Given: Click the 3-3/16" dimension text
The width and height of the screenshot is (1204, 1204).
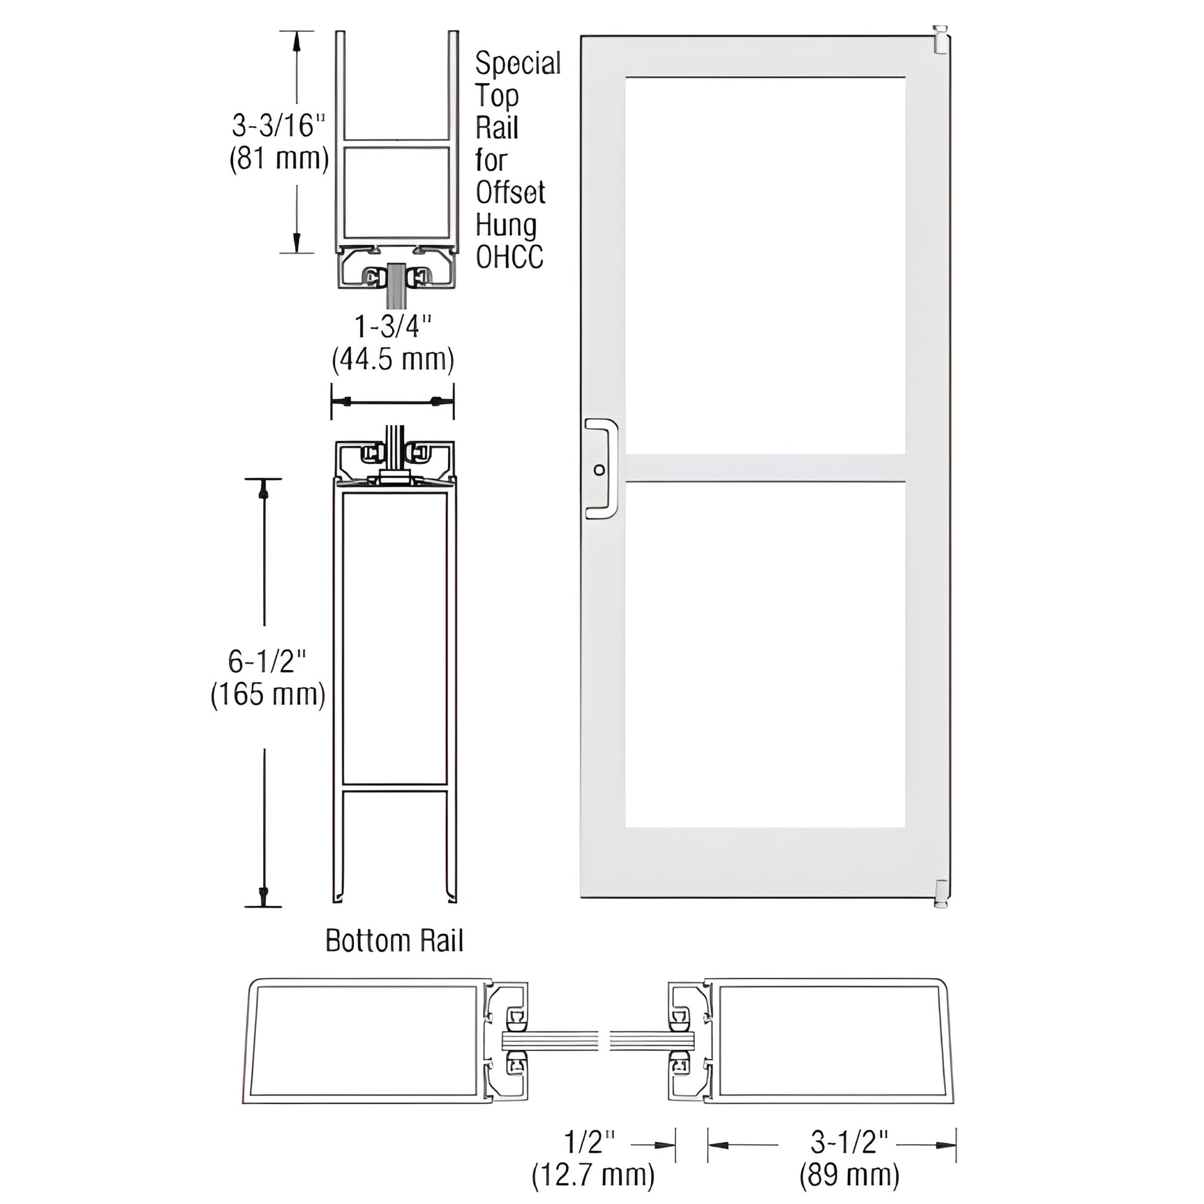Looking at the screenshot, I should tap(278, 126).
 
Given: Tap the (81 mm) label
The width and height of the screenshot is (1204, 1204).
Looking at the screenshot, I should tap(278, 160).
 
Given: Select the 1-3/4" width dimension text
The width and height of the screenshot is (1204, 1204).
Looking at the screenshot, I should tap(393, 327).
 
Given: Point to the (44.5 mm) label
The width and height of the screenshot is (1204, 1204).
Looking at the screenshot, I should tap(393, 360).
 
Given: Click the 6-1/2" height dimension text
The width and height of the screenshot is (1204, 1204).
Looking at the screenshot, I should tap(267, 661).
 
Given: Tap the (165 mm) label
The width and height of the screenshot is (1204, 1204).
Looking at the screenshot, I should tap(268, 694).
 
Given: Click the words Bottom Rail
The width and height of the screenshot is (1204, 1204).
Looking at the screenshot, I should tap(394, 941).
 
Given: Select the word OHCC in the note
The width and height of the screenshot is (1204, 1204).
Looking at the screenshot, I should tap(509, 257).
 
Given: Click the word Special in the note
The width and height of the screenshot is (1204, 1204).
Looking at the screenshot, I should tap(517, 64).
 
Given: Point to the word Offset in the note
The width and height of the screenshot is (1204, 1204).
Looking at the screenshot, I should tap(510, 192).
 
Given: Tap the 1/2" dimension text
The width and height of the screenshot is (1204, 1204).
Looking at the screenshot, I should tap(589, 1142).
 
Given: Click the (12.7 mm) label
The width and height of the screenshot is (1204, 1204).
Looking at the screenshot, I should tap(593, 1176).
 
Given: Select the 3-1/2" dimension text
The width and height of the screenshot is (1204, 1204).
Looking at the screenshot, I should tap(849, 1142).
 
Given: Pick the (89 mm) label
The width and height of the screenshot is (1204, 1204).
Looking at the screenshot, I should tap(849, 1176).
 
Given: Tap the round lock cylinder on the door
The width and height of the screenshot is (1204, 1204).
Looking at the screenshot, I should tap(599, 470).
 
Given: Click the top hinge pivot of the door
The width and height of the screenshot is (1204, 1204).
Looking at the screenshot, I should tap(940, 38).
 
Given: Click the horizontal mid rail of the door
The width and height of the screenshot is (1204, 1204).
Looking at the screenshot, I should tap(765, 468).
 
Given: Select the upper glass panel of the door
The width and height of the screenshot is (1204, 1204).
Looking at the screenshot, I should tap(765, 265).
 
